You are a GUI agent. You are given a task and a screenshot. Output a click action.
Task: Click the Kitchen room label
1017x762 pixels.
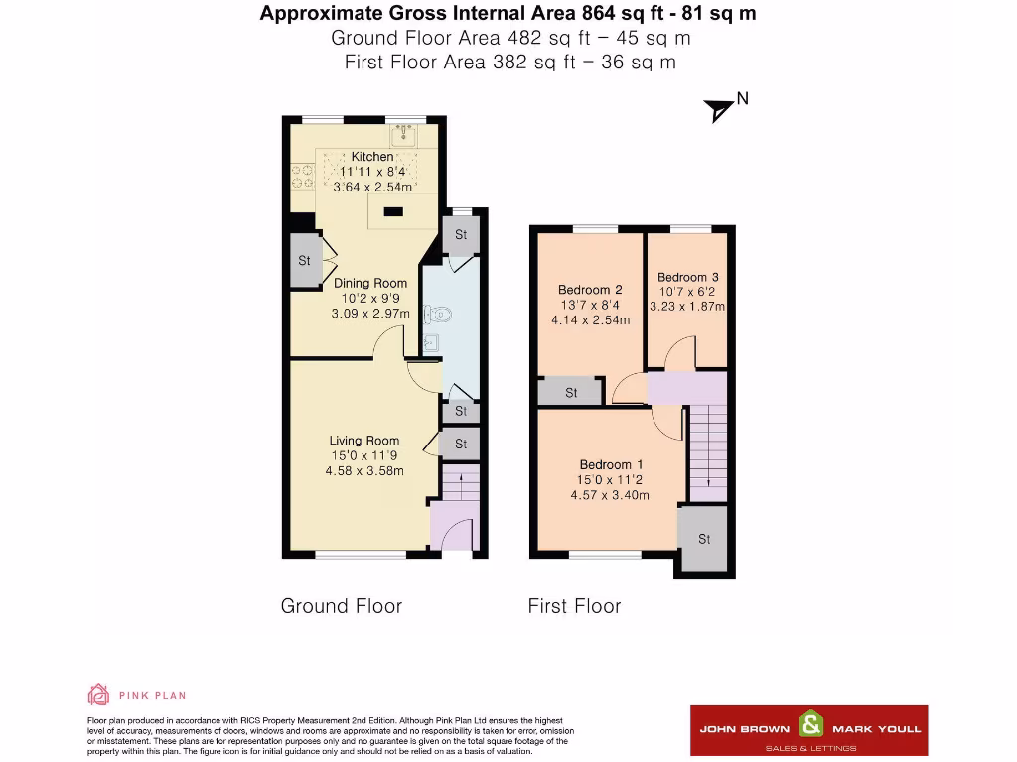coord(371,156)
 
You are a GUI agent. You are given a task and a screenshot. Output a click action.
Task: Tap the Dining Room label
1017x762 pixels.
coord(370,283)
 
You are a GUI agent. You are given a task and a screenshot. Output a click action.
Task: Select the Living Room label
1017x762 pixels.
coord(364,441)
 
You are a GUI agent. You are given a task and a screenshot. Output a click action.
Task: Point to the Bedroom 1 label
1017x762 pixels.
coord(612,464)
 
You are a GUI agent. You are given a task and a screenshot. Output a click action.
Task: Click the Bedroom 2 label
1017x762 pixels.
coord(590,290)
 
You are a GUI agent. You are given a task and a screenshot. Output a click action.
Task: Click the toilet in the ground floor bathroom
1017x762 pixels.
coord(438,316)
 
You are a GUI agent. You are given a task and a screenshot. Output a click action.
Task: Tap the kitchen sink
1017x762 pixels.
coord(405,136)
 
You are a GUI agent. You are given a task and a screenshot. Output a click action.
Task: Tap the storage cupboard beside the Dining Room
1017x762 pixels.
coord(304,261)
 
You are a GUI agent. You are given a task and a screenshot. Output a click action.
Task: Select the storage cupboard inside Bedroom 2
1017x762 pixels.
coord(571,393)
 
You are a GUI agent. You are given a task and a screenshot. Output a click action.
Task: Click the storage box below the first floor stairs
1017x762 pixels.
coord(704,539)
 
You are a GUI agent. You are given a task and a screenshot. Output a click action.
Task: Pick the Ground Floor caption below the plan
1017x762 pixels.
coord(342,606)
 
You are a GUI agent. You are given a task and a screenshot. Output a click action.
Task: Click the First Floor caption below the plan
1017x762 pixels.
coord(574,606)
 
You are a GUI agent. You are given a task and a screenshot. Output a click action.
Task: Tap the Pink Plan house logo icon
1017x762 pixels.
coord(98,695)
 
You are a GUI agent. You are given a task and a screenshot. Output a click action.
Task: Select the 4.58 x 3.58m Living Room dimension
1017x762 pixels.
coord(364,470)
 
